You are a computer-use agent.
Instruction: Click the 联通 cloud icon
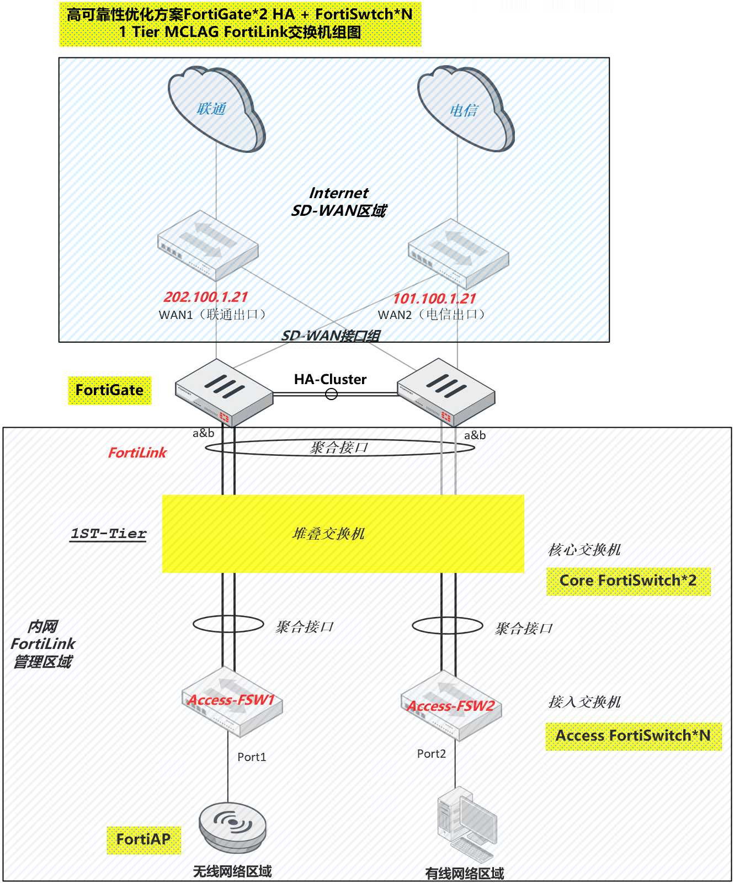pyautogui.click(x=215, y=109)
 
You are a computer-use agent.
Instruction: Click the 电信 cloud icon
pyautogui.click(x=465, y=110)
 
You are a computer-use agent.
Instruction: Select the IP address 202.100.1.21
pyautogui.click(x=206, y=297)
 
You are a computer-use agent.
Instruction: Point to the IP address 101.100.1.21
pyautogui.click(x=434, y=299)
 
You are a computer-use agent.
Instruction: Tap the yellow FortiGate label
pyautogui.click(x=109, y=390)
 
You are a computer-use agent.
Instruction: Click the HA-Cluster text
pyautogui.click(x=330, y=379)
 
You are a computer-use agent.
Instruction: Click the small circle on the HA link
pyautogui.click(x=331, y=393)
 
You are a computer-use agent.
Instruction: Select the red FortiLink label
pyautogui.click(x=137, y=453)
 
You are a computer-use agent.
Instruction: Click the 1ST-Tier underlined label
pyautogui.click(x=108, y=534)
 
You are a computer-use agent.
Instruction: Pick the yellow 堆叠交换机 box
pyautogui.click(x=342, y=534)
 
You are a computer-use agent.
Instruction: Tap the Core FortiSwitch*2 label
pyautogui.click(x=628, y=581)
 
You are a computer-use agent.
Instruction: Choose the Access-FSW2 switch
pyautogui.click(x=451, y=706)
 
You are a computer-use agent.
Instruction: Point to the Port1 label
pyautogui.click(x=252, y=757)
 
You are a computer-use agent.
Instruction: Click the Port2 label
pyautogui.click(x=431, y=753)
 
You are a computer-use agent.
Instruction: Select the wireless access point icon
pyautogui.click(x=232, y=826)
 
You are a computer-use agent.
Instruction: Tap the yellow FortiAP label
pyautogui.click(x=143, y=839)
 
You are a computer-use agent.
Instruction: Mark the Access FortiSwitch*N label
pyautogui.click(x=633, y=736)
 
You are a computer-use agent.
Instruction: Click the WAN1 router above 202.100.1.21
pyautogui.click(x=208, y=245)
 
